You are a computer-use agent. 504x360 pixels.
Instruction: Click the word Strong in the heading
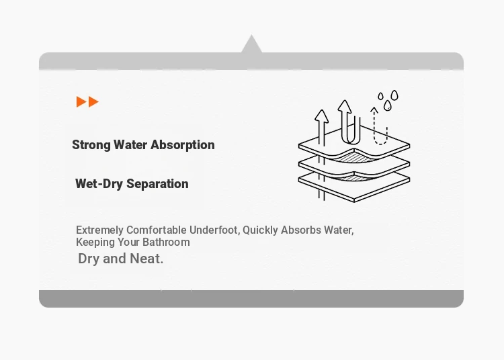pyautogui.click(x=91, y=145)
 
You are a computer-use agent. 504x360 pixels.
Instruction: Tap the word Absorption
pyautogui.click(x=183, y=145)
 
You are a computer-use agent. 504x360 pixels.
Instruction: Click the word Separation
pyautogui.click(x=157, y=183)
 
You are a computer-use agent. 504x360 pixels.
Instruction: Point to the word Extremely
pyautogui.click(x=99, y=230)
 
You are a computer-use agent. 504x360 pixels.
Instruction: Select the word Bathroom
pyautogui.click(x=166, y=242)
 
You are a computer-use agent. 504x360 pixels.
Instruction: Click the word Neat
pyautogui.click(x=146, y=259)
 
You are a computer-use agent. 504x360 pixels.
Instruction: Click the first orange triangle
pyautogui.click(x=81, y=101)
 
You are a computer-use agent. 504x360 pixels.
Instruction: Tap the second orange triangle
pyautogui.click(x=93, y=101)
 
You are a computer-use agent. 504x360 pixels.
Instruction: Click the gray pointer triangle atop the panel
pyautogui.click(x=251, y=44)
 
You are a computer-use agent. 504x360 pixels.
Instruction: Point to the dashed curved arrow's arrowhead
pyautogui.click(x=374, y=110)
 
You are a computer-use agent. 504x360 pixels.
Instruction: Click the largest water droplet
pyautogui.click(x=394, y=95)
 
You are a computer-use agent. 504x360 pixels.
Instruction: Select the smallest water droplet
pyautogui.click(x=380, y=96)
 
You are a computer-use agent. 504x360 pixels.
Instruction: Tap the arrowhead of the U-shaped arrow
pyautogui.click(x=345, y=106)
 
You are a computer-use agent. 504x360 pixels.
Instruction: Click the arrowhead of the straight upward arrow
pyautogui.click(x=321, y=116)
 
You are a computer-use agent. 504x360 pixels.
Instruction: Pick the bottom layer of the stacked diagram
pyautogui.click(x=354, y=189)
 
